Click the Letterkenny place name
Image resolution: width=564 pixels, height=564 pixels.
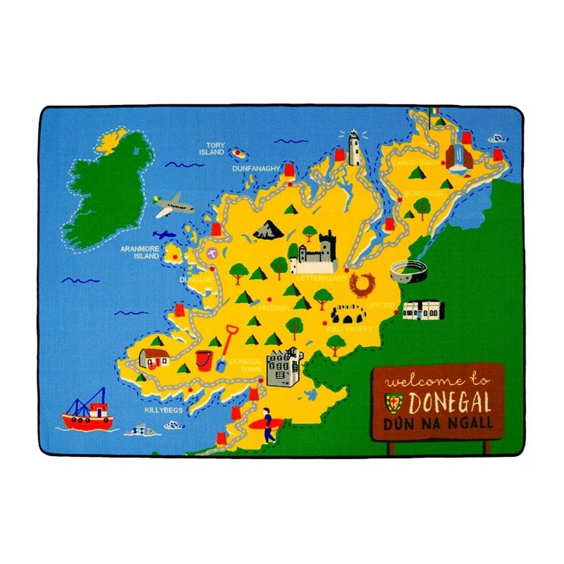pos(321,278)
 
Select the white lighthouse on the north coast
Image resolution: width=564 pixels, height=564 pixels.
pos(354,147)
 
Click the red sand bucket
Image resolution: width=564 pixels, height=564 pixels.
pos(204,358)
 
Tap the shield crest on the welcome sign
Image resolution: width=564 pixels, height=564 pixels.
pos(392,402)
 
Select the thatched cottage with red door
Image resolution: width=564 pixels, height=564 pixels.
pos(152,358)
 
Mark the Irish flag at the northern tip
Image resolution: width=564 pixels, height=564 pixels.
pos(434,112)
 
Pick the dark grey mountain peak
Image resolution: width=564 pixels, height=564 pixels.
pos(268,228)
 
